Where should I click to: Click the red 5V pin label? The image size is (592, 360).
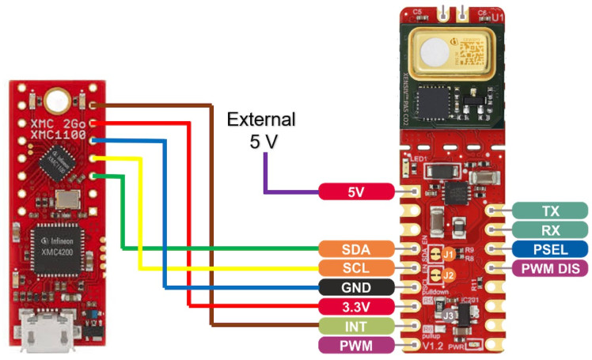tap(355, 191)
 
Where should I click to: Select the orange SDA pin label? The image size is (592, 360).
tap(355, 248)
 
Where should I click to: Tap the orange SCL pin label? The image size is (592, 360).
tap(355, 267)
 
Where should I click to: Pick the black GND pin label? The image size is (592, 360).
tap(355, 286)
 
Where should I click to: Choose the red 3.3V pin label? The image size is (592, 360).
tap(355, 305)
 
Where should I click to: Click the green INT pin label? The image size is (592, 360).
tap(355, 325)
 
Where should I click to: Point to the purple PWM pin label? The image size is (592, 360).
tap(355, 344)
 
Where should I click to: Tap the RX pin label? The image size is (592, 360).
tap(551, 229)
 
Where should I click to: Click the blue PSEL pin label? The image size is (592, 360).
tap(551, 249)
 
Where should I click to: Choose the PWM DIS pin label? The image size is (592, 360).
tap(551, 269)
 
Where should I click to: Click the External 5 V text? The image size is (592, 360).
tap(260, 131)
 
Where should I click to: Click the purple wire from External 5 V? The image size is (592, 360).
tap(266, 179)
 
